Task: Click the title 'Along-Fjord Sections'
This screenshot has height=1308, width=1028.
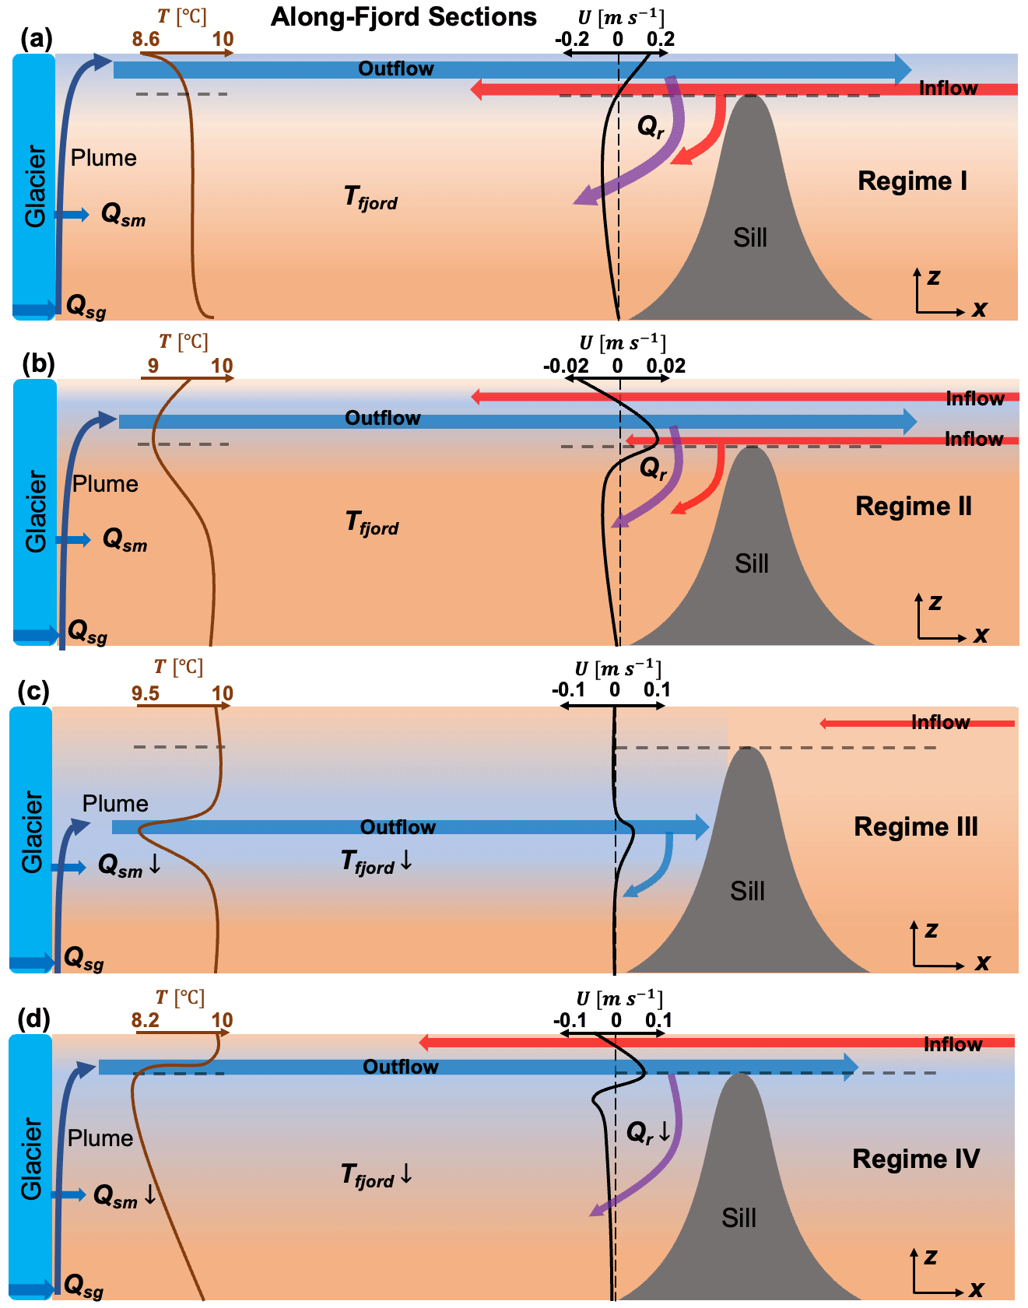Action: (x=404, y=17)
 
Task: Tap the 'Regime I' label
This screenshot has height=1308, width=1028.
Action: (x=913, y=181)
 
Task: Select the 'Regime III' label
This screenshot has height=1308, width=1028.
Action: (x=916, y=826)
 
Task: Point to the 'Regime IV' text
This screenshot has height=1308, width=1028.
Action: (x=916, y=1159)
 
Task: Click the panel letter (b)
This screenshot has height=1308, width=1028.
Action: (x=38, y=363)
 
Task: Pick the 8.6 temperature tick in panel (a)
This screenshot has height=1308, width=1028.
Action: (x=146, y=39)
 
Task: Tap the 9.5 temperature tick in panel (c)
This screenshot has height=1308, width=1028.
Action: (x=146, y=693)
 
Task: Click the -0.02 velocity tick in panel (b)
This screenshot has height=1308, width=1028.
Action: (x=566, y=366)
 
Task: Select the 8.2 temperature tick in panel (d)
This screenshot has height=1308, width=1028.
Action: (x=146, y=1020)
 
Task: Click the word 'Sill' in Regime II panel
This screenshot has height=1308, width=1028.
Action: (x=752, y=563)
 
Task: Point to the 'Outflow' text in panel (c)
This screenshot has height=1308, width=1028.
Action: (x=398, y=827)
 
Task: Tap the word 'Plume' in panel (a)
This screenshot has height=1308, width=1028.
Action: (x=104, y=158)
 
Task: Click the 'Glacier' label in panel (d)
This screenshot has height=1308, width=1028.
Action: (x=31, y=1159)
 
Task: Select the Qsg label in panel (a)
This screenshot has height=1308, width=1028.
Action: (x=86, y=307)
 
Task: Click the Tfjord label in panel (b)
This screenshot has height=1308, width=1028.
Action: (x=372, y=523)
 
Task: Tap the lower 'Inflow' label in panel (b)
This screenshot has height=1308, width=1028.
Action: (x=974, y=439)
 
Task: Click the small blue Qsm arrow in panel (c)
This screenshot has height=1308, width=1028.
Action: (x=70, y=867)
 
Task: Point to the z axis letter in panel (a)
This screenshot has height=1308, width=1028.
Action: (x=934, y=277)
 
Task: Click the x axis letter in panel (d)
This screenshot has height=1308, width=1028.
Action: (x=977, y=1289)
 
